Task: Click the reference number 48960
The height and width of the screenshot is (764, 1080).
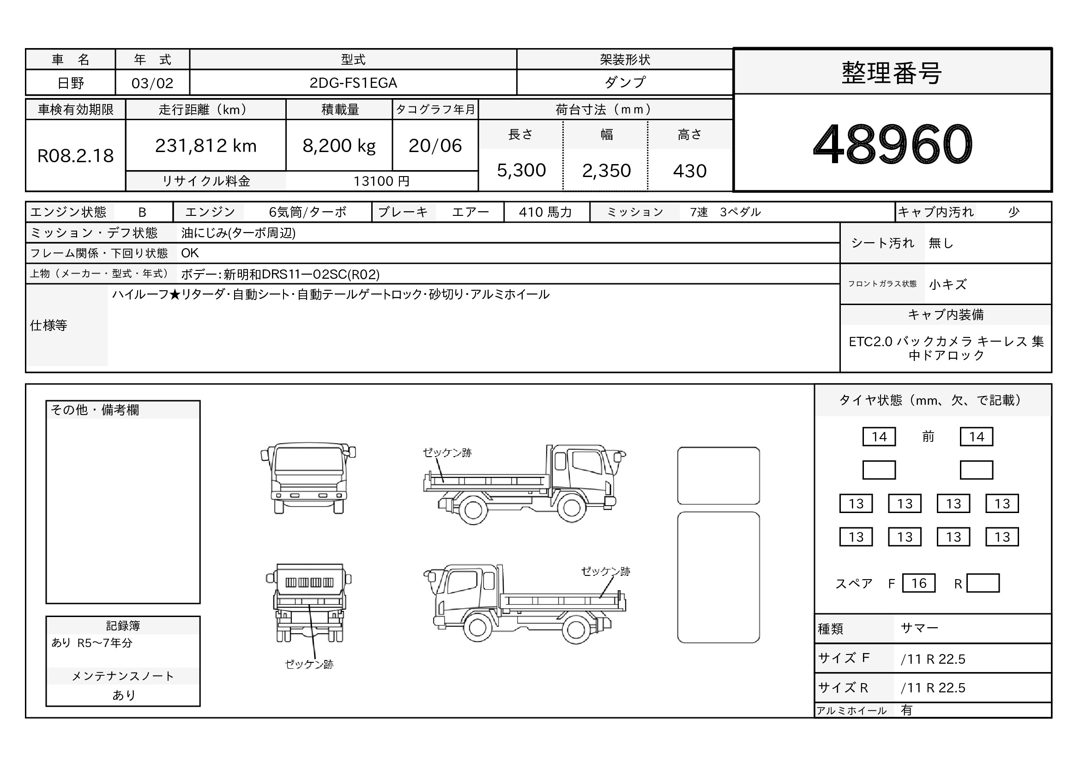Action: pos(893,144)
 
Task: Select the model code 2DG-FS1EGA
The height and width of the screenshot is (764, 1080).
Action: pos(353,83)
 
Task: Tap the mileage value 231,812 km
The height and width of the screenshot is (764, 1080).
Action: pos(205,146)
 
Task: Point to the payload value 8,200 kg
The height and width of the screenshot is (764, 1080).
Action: pos(339,146)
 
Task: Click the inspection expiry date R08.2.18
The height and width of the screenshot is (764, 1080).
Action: pos(75,156)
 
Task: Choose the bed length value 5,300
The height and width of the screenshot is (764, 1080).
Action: pos(521,171)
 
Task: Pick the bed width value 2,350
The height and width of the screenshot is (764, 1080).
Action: pos(606,171)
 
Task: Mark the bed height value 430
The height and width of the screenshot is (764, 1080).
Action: pos(689,171)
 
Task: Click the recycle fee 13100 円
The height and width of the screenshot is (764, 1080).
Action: pos(381,181)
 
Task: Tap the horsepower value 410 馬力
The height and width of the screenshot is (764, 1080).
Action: pos(545,212)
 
